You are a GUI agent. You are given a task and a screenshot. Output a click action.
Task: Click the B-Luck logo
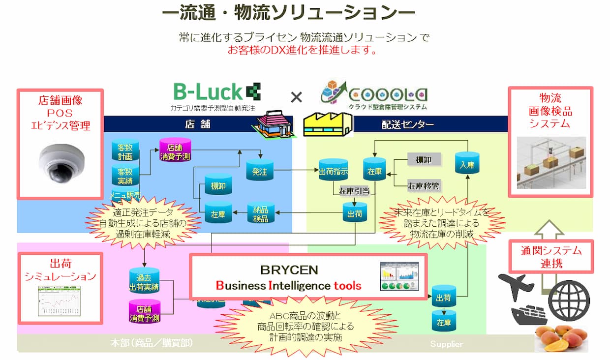tap(216, 92)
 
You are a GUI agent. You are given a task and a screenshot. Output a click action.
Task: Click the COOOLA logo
tap(373, 93)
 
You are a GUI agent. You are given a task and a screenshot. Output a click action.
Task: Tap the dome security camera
tap(61, 161)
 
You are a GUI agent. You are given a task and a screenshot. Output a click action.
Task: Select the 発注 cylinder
tap(259, 171)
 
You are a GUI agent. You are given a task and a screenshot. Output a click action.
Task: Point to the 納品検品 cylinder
tap(261, 212)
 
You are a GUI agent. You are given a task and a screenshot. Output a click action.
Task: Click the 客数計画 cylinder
tap(125, 152)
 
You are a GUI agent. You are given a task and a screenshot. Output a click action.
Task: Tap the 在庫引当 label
tap(354, 191)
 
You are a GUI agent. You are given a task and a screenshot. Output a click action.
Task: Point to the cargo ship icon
tap(528, 314)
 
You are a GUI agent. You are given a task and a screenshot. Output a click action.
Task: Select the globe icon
tap(568, 300)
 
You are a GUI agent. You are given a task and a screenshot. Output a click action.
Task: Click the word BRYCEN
tap(289, 270)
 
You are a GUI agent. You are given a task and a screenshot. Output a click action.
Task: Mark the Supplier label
tap(446, 344)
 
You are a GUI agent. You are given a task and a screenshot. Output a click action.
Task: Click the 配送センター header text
tap(408, 124)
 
